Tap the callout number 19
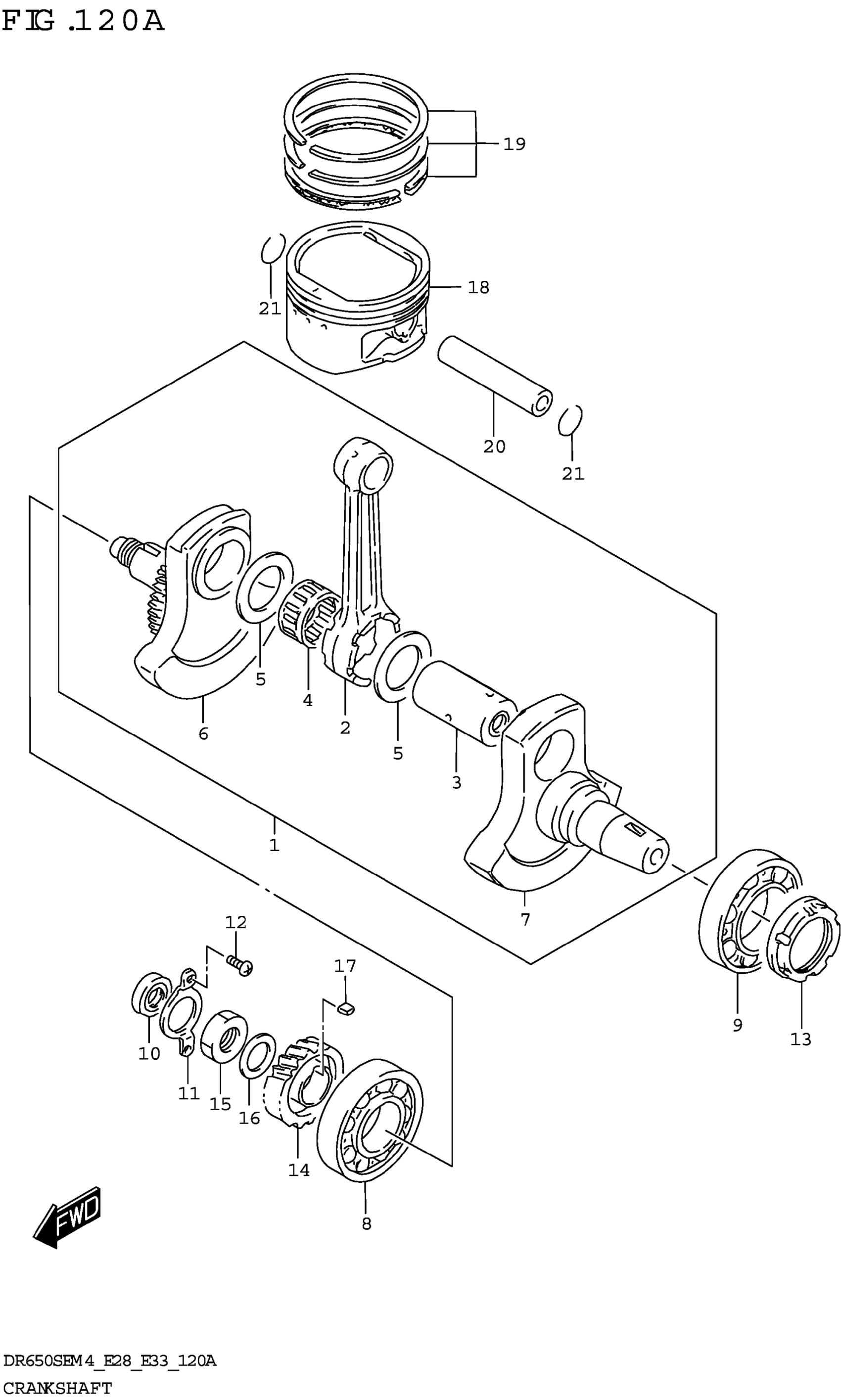click(514, 144)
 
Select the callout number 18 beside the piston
click(478, 288)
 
